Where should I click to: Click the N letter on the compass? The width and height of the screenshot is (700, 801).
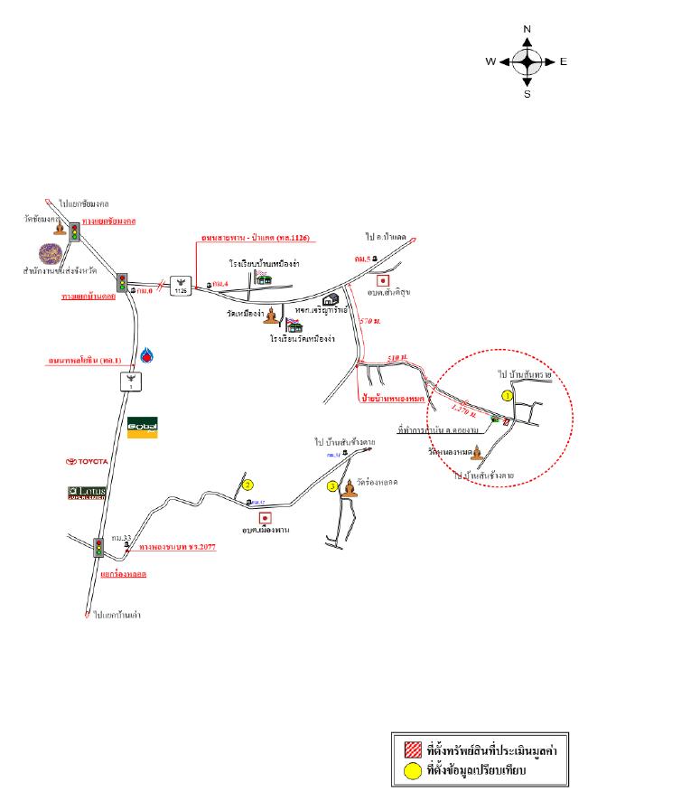click(x=527, y=30)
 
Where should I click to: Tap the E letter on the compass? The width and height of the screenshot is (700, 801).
click(x=563, y=62)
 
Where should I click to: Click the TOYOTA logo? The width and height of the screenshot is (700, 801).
click(x=87, y=461)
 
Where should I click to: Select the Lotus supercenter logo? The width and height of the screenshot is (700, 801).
click(x=88, y=493)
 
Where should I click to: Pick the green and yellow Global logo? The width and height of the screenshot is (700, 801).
click(x=142, y=428)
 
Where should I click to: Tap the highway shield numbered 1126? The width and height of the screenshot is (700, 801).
click(x=182, y=285)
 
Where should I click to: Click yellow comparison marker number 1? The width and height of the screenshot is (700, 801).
click(x=507, y=396)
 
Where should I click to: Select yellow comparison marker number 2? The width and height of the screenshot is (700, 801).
click(x=248, y=485)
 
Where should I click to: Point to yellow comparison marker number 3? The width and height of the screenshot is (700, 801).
click(x=332, y=486)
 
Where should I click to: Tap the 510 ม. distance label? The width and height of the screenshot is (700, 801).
click(x=397, y=359)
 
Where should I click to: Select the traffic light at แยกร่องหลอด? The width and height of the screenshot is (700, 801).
click(x=98, y=546)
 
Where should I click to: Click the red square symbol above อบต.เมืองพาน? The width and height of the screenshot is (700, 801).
click(x=266, y=518)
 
